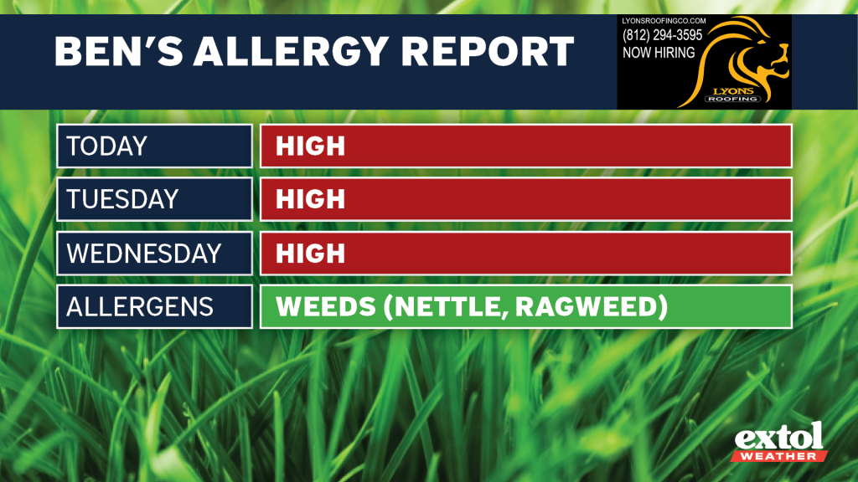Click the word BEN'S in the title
(x=118, y=51)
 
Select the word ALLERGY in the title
(x=291, y=51)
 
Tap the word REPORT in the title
(x=488, y=51)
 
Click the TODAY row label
(x=106, y=146)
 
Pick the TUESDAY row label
(x=122, y=199)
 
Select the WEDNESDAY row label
(x=144, y=253)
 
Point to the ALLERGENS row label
(x=140, y=306)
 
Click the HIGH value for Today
(x=310, y=146)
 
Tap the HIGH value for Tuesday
(x=310, y=199)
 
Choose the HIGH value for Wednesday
(x=310, y=253)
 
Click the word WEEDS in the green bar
(x=326, y=306)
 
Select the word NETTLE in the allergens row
(x=447, y=306)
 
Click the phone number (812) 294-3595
(x=662, y=35)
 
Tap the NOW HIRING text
(x=659, y=53)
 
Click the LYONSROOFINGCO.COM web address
(x=664, y=21)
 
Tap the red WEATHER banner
(x=779, y=456)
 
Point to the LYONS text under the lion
(x=733, y=90)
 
